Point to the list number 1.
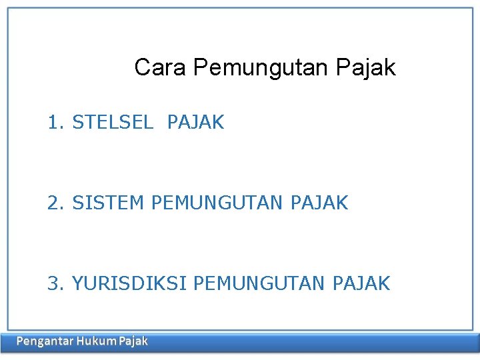(x=54, y=123)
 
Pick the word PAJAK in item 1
(x=196, y=123)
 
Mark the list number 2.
(x=54, y=203)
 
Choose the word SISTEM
(x=108, y=203)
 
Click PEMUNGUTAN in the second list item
(x=218, y=203)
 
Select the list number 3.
(x=54, y=283)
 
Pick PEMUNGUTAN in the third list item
(x=260, y=283)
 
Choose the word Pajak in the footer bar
(x=134, y=341)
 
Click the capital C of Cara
(x=141, y=67)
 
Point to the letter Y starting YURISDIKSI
(x=77, y=283)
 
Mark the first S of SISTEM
(x=77, y=203)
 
